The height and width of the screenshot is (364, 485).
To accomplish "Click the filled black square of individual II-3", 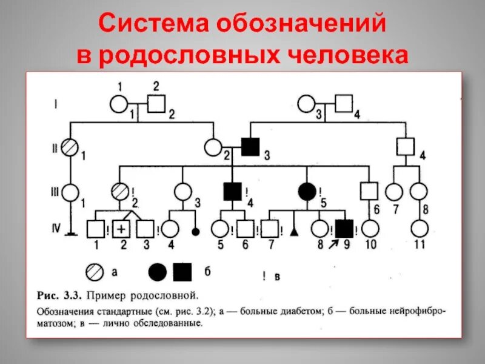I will [250, 147].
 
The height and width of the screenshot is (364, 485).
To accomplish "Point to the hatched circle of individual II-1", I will [71, 148].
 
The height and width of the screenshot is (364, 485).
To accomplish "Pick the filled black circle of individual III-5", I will [307, 192].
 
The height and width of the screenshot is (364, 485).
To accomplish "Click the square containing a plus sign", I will [122, 229].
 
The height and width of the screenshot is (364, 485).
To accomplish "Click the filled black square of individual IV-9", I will [345, 229].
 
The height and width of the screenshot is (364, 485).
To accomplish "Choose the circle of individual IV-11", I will [418, 229].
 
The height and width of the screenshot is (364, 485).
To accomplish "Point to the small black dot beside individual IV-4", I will [195, 231].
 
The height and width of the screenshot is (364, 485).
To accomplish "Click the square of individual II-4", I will [405, 147].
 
